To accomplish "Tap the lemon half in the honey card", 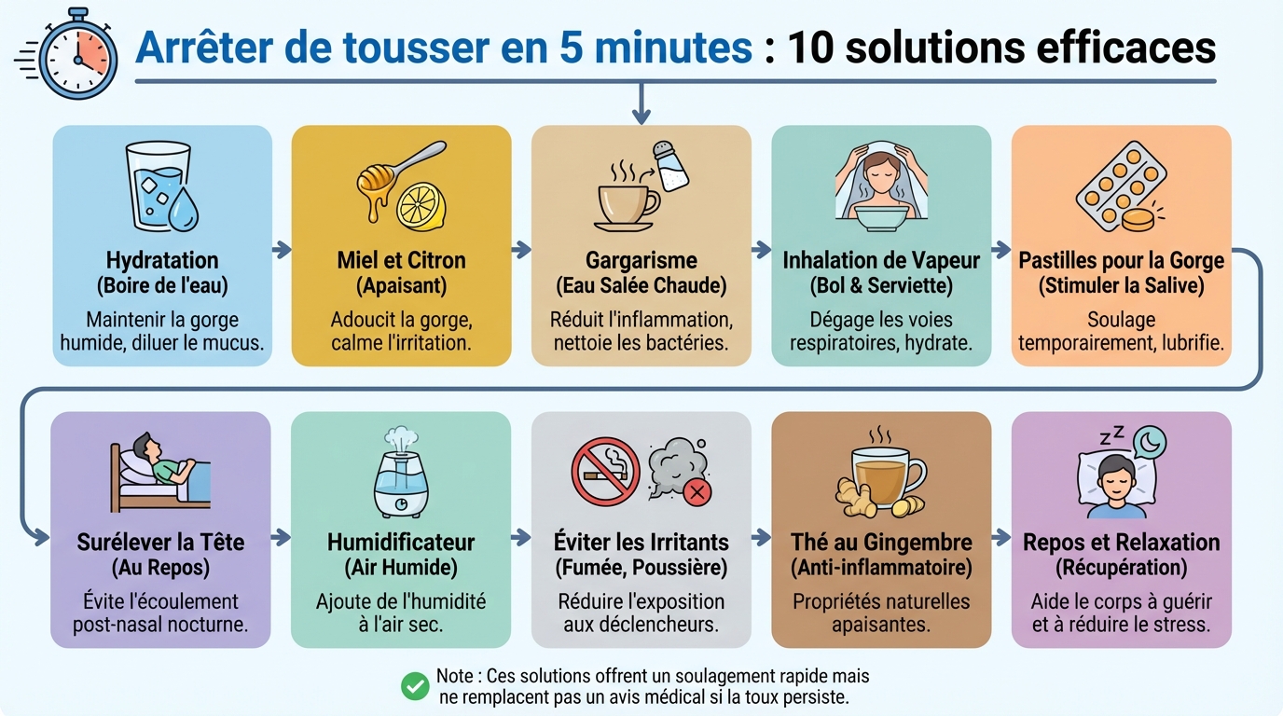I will (x=421, y=204).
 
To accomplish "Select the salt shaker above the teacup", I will (x=669, y=166).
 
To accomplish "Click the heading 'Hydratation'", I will (x=162, y=260).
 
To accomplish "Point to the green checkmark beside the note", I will (x=414, y=685).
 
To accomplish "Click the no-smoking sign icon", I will (x=605, y=471).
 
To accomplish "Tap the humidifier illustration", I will (x=400, y=473).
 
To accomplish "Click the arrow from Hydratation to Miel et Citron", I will (x=282, y=250).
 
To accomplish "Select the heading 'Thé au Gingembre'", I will (x=881, y=542).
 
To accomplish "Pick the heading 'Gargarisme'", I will (x=641, y=260).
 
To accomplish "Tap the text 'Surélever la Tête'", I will (x=160, y=542).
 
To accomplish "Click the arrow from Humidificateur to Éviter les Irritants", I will (x=521, y=538).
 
